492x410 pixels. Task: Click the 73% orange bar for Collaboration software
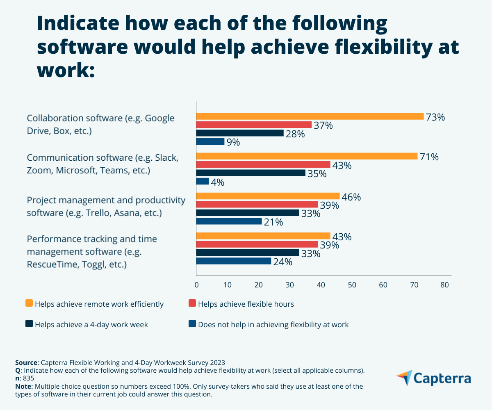310,116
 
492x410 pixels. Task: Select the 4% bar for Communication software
203,181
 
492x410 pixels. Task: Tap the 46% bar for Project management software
268,196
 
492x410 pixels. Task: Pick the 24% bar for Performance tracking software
234,261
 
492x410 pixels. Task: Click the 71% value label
429,157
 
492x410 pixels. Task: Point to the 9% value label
233,142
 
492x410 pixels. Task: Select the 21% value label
273,222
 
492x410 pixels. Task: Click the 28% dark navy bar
240,133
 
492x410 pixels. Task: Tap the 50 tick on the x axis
352,285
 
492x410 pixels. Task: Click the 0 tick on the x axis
196,285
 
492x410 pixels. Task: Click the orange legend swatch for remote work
29,303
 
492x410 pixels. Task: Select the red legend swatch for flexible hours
192,303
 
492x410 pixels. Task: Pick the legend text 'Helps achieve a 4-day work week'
91,325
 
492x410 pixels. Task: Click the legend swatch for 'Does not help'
192,324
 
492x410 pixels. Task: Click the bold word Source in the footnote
26,362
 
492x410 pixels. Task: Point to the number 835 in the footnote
29,378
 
